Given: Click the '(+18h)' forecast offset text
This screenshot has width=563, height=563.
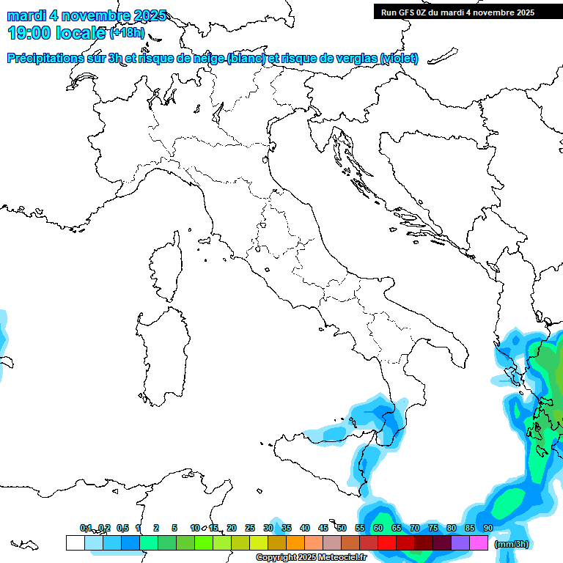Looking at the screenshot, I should coord(127,32).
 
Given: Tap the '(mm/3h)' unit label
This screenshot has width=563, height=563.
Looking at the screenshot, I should coord(511,543).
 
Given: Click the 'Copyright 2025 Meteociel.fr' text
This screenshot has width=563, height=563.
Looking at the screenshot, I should coord(311,558).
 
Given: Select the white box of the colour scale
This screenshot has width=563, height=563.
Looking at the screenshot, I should coord(75,542).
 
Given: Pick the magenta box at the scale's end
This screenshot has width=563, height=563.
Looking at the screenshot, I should coord(479,542).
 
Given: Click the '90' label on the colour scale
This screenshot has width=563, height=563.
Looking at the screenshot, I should coord(487,528).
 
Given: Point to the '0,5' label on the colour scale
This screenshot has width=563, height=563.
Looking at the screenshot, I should coord(122,528).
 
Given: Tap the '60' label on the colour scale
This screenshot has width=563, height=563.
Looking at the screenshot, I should coord(378,528).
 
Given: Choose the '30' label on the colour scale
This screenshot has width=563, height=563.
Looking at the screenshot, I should coord(268,528).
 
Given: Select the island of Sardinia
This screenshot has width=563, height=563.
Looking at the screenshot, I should coord(160,352).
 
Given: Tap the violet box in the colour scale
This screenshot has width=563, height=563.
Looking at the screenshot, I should coord(460,542).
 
